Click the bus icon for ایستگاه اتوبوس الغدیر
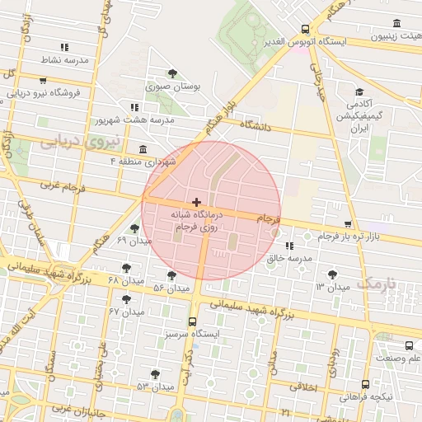[306, 28]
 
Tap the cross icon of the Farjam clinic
[196, 202]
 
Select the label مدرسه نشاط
[64, 61]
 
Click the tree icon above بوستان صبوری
[172, 73]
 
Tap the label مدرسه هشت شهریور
[171, 120]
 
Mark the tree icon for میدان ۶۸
[126, 268]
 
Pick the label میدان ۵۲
[171, 288]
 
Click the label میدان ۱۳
[331, 285]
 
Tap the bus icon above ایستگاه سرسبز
[192, 322]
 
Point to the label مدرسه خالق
[288, 258]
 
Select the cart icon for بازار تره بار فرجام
[348, 224]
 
